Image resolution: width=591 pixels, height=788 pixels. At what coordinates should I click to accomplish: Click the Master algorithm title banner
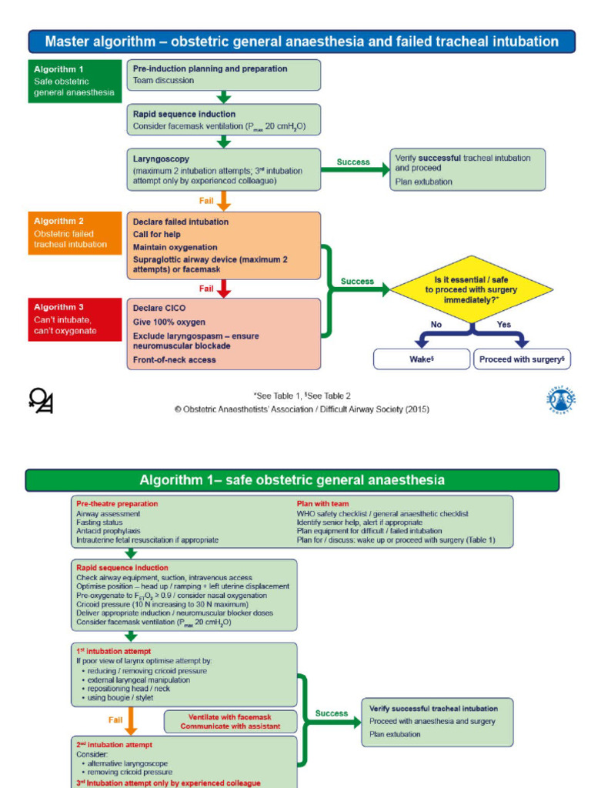[x=302, y=42]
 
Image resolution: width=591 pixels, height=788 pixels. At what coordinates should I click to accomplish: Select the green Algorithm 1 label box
[x=75, y=81]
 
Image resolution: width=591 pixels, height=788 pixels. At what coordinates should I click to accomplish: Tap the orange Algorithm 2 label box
[x=75, y=233]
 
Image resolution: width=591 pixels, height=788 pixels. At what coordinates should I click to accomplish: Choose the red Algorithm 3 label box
[x=75, y=319]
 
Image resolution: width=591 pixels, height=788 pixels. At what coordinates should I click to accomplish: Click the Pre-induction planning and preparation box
[x=223, y=75]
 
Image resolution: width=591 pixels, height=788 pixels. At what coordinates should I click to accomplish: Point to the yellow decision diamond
[x=471, y=289]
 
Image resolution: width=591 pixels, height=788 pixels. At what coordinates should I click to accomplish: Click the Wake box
[x=421, y=359]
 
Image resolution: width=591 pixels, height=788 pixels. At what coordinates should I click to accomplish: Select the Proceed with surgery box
[x=522, y=359]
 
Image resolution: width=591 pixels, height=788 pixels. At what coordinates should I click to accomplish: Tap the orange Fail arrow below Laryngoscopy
[x=224, y=200]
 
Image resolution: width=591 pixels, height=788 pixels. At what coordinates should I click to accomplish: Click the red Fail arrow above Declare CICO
[x=224, y=289]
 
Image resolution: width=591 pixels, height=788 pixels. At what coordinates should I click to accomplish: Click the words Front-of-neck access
[x=174, y=359]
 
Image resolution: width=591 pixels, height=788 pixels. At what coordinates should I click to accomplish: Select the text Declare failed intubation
[x=181, y=222]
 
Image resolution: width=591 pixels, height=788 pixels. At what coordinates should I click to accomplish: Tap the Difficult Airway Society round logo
[x=561, y=399]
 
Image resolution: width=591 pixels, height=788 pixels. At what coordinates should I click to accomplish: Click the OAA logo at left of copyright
[x=40, y=400]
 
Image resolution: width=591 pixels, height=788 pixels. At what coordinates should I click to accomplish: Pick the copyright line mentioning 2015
[x=302, y=409]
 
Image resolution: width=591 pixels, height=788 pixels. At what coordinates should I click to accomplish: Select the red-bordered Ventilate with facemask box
[x=231, y=721]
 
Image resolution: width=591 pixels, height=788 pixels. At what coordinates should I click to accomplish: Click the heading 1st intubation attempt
[x=108, y=650]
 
